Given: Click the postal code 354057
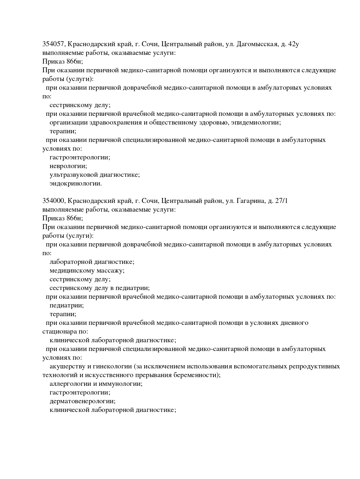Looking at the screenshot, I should point(55,44).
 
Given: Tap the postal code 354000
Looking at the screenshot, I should point(55,201).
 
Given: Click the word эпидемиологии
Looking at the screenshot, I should point(258,123).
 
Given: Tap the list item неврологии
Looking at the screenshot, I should point(68,166).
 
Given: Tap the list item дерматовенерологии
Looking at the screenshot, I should point(82,401).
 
